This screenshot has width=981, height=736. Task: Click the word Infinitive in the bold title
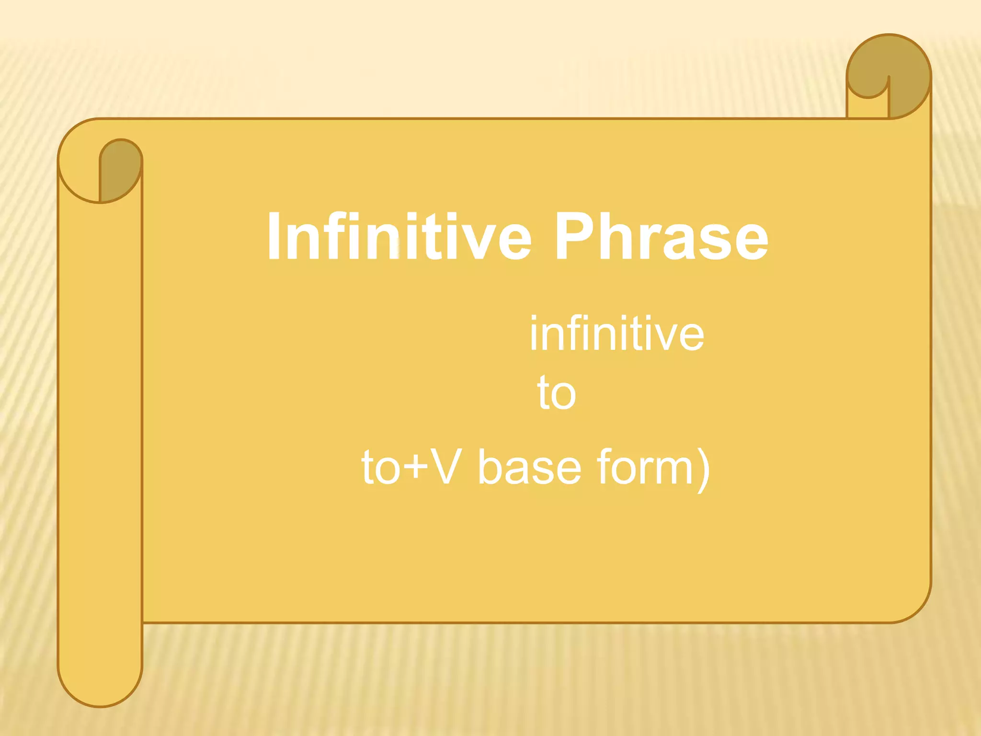[x=399, y=237]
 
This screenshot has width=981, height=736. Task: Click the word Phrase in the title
[x=661, y=237]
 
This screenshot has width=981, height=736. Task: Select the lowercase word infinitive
[x=616, y=333]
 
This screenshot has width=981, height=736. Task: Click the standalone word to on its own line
[x=557, y=393]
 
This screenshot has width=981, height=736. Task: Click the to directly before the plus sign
[x=380, y=467]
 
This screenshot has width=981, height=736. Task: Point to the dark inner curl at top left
[x=120, y=170]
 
